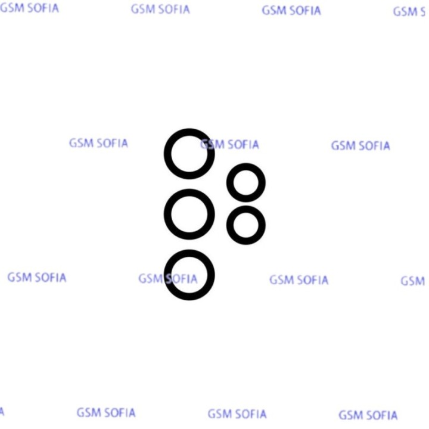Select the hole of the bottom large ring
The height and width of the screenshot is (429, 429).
pos(189,275)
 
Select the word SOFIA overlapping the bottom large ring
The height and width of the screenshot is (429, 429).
pos(181,279)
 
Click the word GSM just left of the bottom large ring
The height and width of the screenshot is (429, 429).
pos(150,278)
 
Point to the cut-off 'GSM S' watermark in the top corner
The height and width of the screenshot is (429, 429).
pos(409,12)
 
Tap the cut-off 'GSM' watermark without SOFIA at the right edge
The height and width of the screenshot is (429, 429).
pos(412,281)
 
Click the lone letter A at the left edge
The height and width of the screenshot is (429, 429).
pos(2,412)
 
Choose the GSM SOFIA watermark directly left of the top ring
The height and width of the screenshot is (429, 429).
pos(98,143)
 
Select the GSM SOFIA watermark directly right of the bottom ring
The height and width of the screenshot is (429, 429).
pos(299,280)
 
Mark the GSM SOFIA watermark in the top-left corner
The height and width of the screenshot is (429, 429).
pos(29,8)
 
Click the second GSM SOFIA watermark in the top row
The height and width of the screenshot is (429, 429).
pos(160,10)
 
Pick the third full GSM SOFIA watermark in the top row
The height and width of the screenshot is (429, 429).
pos(291,11)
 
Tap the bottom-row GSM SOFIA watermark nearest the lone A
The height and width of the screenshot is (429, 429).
pos(106,412)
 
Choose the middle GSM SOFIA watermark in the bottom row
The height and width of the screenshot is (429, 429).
pos(237,414)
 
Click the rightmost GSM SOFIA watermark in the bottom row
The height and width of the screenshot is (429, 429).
pos(368,415)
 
